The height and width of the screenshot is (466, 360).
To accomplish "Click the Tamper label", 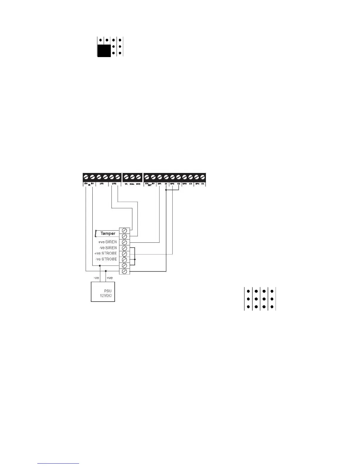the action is tap(108, 233).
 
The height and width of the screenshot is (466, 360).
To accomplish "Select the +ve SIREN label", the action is tap(107, 242).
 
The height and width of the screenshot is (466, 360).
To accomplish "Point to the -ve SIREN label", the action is tap(108, 248).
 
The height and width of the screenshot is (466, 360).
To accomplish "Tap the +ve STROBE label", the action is tap(105, 253).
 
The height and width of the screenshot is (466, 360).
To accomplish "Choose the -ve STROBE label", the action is tap(106, 259).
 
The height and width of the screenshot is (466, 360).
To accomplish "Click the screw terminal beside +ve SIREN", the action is tap(124, 242).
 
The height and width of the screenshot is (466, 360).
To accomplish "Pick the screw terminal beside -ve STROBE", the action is tap(124, 259).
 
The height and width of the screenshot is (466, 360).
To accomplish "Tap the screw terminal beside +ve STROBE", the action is tap(124, 254).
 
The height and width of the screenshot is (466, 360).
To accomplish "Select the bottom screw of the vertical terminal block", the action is tap(124, 271).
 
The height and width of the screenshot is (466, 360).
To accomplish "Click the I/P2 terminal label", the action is tap(114, 184).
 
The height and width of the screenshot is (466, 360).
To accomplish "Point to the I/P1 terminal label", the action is tap(101, 184).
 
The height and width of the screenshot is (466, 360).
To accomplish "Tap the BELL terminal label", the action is tap(132, 184).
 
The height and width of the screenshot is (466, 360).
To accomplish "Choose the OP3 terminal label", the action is tap(185, 184).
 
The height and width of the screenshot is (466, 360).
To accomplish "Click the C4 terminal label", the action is tap(203, 184).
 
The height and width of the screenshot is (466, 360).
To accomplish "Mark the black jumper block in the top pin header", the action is tap(104, 51).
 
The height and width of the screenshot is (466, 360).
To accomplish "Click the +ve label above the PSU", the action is tap(109, 278).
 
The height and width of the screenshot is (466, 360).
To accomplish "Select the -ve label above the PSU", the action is tap(96, 278).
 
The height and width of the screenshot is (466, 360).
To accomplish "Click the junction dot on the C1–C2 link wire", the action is tap(166, 190).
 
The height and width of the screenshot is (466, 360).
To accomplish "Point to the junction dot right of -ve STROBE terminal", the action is tap(135, 259).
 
